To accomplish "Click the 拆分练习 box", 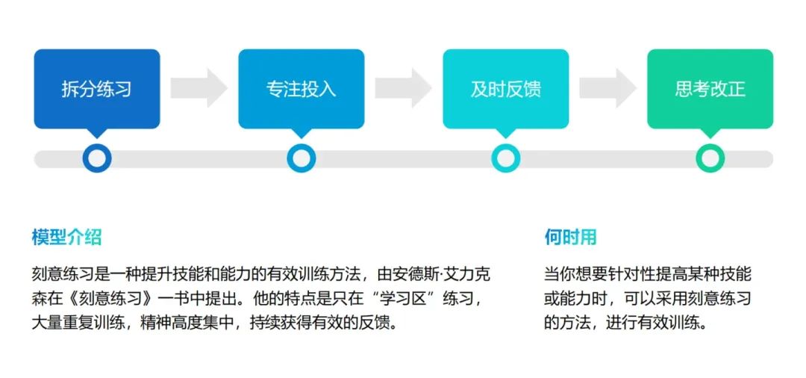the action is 97,89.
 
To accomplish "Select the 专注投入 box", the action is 301,89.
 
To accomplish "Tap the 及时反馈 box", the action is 505,89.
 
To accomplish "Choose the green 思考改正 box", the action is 710,89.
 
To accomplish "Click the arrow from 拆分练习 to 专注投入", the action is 199,88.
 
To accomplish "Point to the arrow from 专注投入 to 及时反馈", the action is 403,88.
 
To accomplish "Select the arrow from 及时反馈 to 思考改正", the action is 607,88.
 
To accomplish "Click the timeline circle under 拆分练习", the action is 97,158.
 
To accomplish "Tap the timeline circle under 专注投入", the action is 301,158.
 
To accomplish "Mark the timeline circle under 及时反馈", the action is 505,158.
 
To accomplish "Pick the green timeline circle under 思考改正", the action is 710,158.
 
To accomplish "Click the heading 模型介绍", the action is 66,238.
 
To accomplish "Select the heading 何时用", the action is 570,238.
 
